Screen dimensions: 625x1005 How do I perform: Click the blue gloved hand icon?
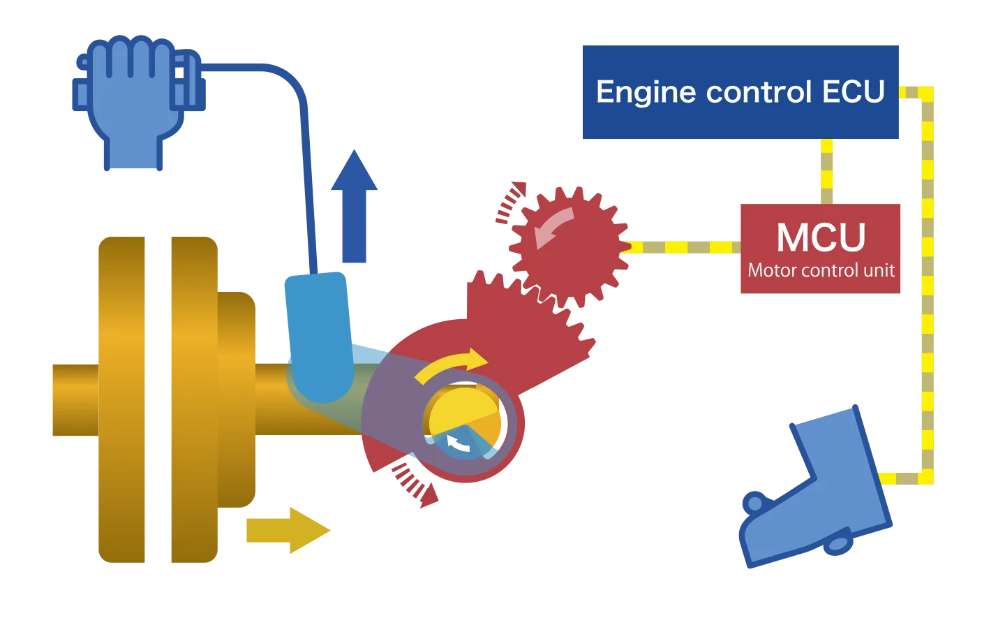pos(133,98)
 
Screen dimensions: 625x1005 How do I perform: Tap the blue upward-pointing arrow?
pos(355,209)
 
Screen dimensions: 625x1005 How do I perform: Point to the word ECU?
pos(853,92)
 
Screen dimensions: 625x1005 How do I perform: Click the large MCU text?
pos(821,237)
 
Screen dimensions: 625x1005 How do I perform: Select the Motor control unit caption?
pos(821,271)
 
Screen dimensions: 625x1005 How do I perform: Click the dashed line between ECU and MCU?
pos(827,171)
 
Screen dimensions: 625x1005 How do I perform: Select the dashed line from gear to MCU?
pos(684,247)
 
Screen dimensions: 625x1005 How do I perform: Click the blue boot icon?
pos(824,489)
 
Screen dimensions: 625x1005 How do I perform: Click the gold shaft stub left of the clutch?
pos(73,402)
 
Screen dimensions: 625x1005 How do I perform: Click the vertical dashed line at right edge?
pos(928,279)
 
